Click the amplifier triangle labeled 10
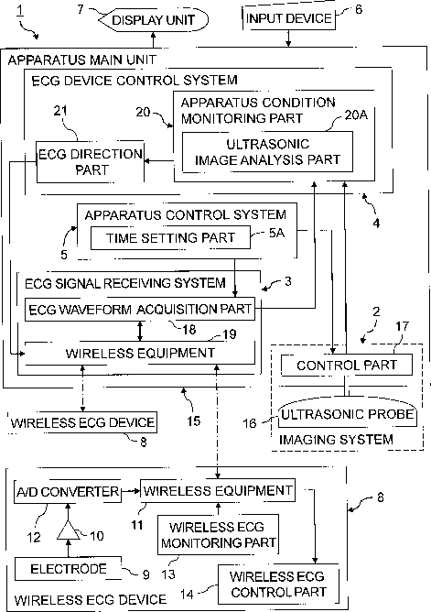69,530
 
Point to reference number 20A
356,115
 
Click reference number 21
60,111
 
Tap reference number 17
402,326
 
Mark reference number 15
194,421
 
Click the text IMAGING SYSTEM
336,440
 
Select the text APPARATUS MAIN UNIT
81,60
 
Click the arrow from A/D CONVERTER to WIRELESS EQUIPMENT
131,491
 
